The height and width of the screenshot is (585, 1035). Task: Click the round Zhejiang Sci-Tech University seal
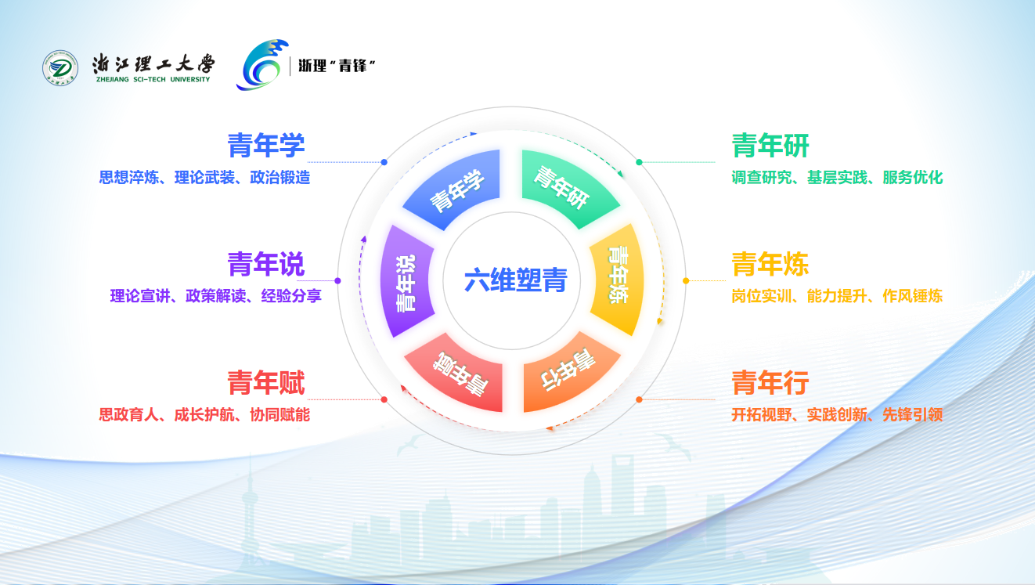(60, 68)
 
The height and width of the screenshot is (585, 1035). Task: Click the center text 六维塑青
(515, 280)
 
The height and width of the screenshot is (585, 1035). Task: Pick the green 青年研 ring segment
(566, 187)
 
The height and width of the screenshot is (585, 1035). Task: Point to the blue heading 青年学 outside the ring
(266, 145)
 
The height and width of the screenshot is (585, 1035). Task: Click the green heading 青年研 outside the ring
(770, 145)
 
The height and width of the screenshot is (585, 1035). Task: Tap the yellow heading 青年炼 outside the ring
(770, 264)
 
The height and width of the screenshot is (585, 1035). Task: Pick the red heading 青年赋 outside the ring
(266, 383)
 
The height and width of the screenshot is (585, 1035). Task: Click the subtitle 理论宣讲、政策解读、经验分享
(215, 296)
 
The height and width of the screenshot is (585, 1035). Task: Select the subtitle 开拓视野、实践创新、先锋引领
(837, 415)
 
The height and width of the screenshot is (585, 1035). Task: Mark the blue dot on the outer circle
(384, 162)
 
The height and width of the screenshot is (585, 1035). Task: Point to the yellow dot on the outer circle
(686, 280)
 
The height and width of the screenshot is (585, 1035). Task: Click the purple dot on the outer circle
(337, 280)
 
